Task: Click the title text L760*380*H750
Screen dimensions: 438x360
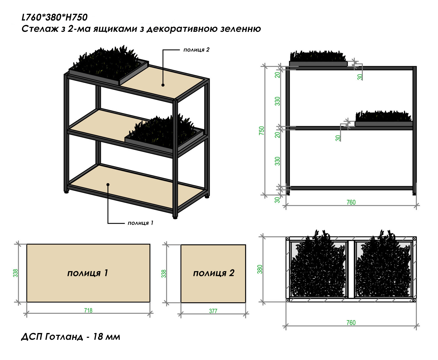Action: point(54,17)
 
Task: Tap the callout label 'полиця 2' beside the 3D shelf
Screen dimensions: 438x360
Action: point(196,50)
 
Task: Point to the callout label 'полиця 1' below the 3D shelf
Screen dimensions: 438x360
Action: point(140,223)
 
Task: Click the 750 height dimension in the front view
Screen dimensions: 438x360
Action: point(262,130)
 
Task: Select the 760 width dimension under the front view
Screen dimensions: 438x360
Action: point(351,202)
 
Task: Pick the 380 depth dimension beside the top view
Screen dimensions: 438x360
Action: point(260,269)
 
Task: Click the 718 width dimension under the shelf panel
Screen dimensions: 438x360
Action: point(88,310)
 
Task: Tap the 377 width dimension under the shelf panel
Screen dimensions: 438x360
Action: point(213,311)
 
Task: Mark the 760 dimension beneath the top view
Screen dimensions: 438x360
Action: point(351,323)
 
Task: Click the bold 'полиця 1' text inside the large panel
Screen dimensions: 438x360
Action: point(88,273)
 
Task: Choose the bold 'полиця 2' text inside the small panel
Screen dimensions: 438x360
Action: point(214,273)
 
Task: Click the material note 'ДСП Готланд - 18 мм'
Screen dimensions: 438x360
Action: point(71,337)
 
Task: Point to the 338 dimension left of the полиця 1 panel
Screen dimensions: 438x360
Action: point(15,273)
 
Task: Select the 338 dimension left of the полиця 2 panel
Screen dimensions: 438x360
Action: point(164,274)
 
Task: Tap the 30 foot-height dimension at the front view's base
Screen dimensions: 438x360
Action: point(277,200)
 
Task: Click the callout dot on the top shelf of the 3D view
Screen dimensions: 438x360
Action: point(163,85)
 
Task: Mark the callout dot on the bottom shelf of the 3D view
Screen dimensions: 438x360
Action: point(108,184)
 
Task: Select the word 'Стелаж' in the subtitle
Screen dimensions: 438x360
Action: point(40,29)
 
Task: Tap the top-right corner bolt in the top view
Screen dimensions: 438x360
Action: point(415,238)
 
